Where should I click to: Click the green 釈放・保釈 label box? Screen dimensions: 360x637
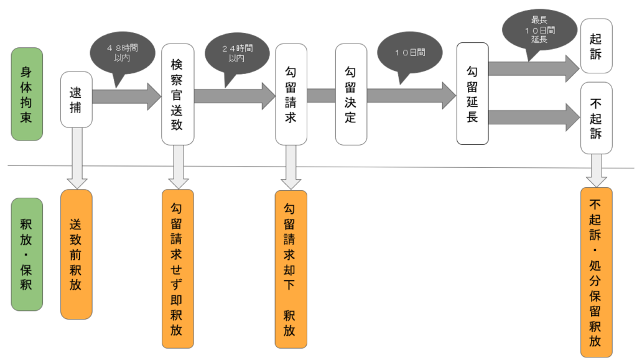click(x=27, y=254)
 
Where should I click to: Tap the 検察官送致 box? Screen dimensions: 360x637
click(x=177, y=94)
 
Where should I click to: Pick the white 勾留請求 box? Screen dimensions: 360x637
click(x=291, y=94)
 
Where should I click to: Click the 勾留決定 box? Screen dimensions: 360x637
click(x=351, y=94)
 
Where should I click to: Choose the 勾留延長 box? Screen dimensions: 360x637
click(x=472, y=94)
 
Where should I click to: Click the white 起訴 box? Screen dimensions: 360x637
click(x=596, y=47)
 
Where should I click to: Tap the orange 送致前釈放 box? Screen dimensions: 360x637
click(x=77, y=254)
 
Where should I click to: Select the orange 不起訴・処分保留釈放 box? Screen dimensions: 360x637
click(x=596, y=272)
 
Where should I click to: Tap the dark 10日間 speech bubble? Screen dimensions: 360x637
click(x=409, y=53)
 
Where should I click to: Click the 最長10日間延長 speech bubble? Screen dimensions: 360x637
click(x=539, y=30)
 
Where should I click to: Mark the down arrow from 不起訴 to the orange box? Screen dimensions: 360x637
click(x=596, y=170)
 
